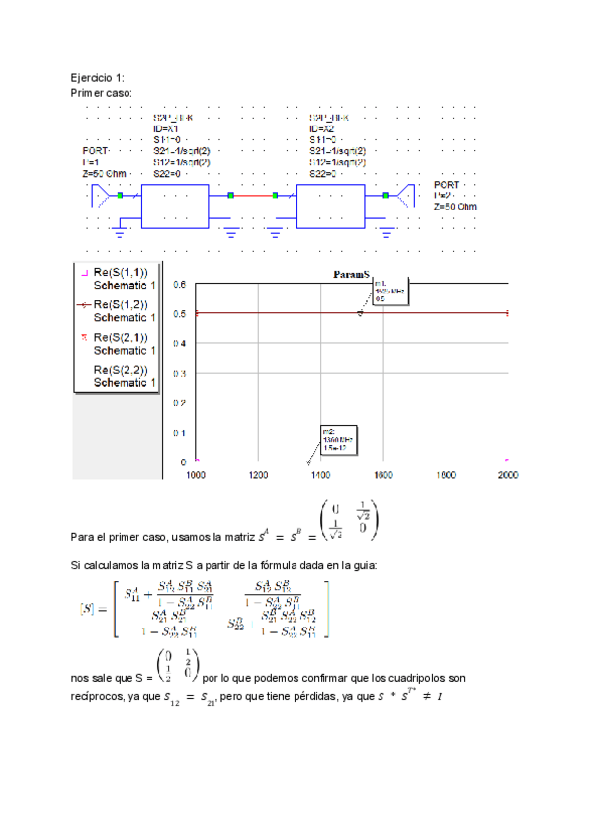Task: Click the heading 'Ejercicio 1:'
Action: [x=97, y=77]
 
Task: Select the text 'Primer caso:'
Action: [x=101, y=92]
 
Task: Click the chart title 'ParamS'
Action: [x=351, y=273]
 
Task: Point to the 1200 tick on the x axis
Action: [x=258, y=475]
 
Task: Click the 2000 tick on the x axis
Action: [x=507, y=475]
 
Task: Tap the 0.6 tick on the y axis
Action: [x=180, y=284]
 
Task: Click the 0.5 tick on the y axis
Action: [x=180, y=313]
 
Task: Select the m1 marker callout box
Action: [x=388, y=292]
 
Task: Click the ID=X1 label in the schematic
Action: [x=166, y=128]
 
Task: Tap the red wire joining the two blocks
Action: [x=263, y=196]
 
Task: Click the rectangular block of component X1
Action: [x=175, y=206]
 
